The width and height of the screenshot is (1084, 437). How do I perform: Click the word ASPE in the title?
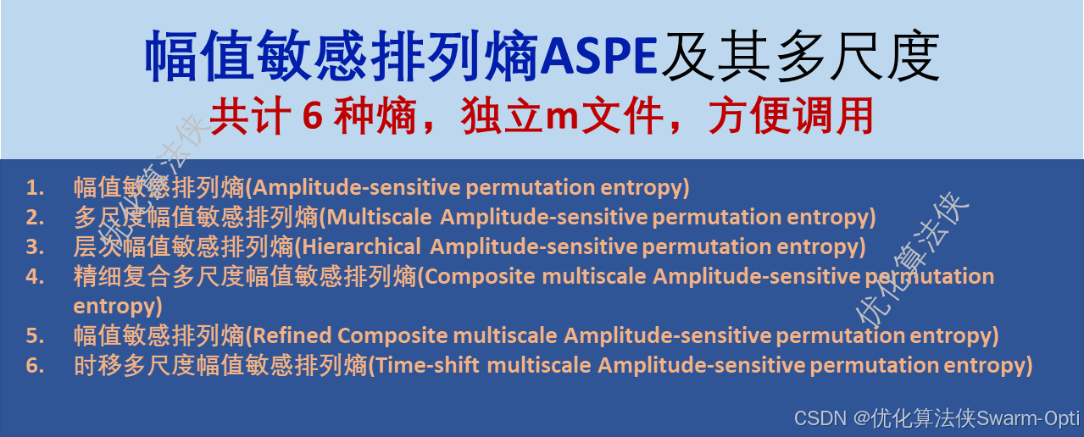click(x=598, y=58)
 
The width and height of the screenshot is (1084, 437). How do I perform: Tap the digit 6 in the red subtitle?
click(x=311, y=118)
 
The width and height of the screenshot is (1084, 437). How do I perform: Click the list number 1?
click(x=34, y=187)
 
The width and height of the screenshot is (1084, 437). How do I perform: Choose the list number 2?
click(x=34, y=217)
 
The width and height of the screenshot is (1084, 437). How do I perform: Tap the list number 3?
click(x=34, y=246)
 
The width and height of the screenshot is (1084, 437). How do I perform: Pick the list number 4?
click(x=34, y=276)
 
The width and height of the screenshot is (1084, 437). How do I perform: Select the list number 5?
click(x=34, y=335)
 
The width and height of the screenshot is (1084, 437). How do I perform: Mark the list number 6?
click(x=34, y=365)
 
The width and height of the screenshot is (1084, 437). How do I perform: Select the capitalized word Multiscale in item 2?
click(x=381, y=217)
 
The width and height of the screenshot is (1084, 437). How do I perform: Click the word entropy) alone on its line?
click(x=117, y=305)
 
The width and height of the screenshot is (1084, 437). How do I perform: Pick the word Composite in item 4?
click(x=481, y=276)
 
